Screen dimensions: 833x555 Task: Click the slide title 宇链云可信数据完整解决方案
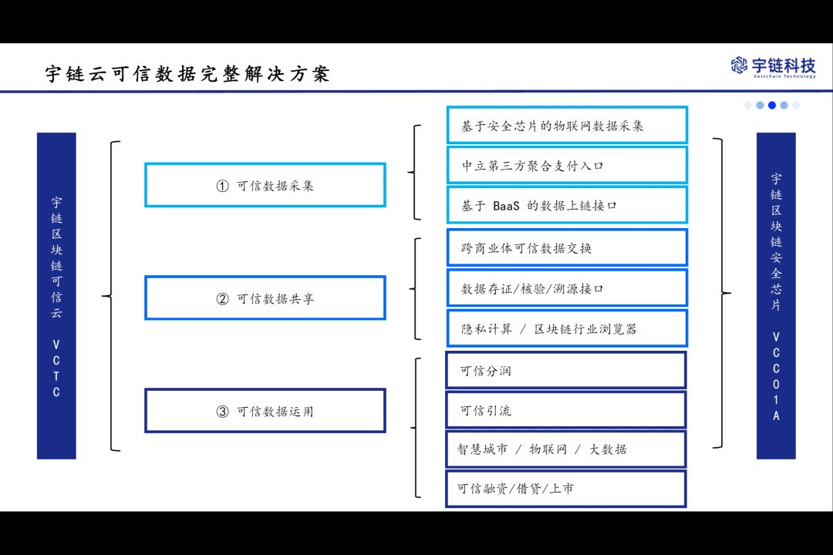tap(187, 74)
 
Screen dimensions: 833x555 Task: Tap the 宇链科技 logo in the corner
tap(773, 66)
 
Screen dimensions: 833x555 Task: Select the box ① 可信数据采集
tap(265, 185)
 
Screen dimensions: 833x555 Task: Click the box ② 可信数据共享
tap(265, 298)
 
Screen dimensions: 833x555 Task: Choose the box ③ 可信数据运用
tap(265, 411)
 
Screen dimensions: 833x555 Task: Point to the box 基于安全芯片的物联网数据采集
tap(567, 125)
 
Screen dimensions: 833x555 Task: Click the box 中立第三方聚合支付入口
tap(567, 165)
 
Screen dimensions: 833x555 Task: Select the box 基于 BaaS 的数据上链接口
tap(567, 205)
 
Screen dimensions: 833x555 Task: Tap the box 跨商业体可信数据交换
tap(567, 247)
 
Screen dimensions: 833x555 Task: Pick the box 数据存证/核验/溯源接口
tap(567, 288)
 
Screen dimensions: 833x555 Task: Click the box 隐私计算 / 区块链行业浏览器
tap(567, 328)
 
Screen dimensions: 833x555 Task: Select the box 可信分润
tap(566, 370)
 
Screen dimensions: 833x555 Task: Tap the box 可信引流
tap(566, 410)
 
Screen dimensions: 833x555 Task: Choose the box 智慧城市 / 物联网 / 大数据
tap(566, 449)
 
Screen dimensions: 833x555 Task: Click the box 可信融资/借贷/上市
tap(566, 489)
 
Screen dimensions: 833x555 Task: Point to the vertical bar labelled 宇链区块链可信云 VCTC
tap(56, 296)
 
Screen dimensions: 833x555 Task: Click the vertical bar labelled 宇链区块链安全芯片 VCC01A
tap(776, 296)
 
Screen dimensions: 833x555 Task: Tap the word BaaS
tap(508, 206)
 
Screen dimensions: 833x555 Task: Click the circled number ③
tap(222, 412)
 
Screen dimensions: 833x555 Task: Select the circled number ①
tap(222, 186)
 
